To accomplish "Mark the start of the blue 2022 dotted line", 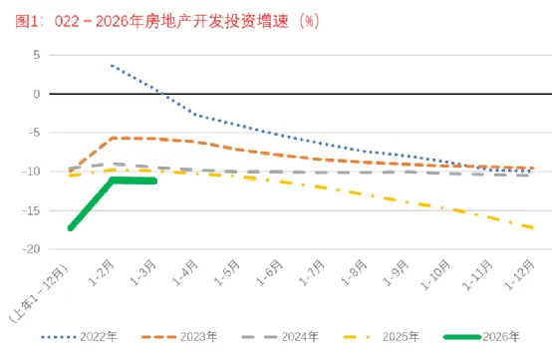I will click(x=112, y=66).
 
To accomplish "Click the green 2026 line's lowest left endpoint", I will click(x=70, y=228).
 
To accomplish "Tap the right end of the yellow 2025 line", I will click(x=532, y=228).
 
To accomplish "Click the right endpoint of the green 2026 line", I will click(x=154, y=180).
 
